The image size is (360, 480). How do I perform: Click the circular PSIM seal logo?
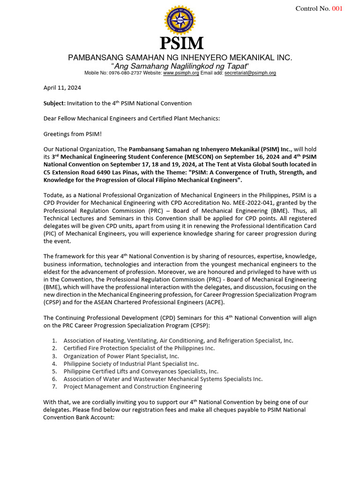pyautogui.click(x=180, y=20)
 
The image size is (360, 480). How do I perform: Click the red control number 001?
pyautogui.click(x=337, y=9)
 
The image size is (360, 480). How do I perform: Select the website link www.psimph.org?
pyautogui.click(x=181, y=73)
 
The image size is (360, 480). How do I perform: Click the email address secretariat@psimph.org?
pyautogui.click(x=250, y=73)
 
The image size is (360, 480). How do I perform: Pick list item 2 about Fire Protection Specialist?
pyautogui.click(x=139, y=348)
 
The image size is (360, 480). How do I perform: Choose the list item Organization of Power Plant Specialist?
pyautogui.click(x=121, y=356)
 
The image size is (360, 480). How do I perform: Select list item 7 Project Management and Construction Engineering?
pyautogui.click(x=133, y=387)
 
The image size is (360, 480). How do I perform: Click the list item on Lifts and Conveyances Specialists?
pyautogui.click(x=141, y=371)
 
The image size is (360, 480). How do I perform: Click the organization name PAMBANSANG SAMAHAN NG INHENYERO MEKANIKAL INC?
pyautogui.click(x=180, y=57)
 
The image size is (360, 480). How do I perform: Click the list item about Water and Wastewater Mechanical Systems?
pyautogui.click(x=163, y=379)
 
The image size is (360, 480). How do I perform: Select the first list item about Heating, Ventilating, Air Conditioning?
pyautogui.click(x=178, y=340)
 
